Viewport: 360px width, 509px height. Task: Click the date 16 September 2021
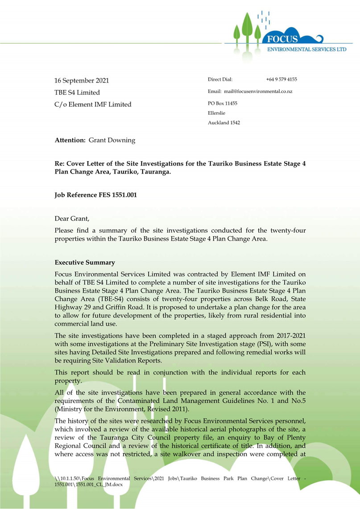click(x=82, y=81)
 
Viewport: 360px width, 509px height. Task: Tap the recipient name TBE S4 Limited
click(x=77, y=93)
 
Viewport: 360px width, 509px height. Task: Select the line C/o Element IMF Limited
click(x=93, y=104)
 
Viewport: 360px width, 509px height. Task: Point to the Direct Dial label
click(x=220, y=79)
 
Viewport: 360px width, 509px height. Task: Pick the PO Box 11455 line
click(x=223, y=103)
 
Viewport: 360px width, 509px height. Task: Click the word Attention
click(x=70, y=141)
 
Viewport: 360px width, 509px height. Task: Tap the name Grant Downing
click(x=112, y=141)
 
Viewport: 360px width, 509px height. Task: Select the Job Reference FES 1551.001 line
click(x=95, y=195)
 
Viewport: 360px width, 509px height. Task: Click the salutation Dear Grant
click(x=72, y=219)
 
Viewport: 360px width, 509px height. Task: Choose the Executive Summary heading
click(x=84, y=263)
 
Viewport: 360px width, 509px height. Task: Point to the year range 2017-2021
click(x=288, y=335)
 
